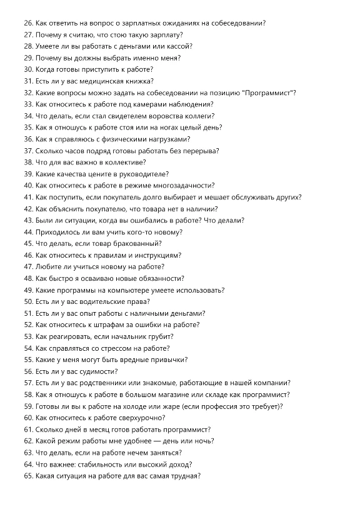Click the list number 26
pos(28,23)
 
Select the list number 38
pos(28,162)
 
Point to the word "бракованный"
pos(135,243)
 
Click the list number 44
pos(28,232)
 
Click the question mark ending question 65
pos(199,475)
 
